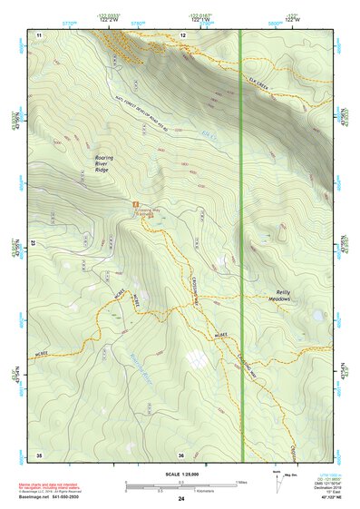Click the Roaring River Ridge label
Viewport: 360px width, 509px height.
pyautogui.click(x=110, y=162)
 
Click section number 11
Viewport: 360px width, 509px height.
pyautogui.click(x=39, y=34)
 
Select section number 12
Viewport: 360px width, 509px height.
pyautogui.click(x=183, y=34)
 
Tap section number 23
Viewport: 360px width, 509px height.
pyautogui.click(x=32, y=243)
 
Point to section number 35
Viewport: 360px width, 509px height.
pyautogui.click(x=39, y=454)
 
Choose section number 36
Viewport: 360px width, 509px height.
pyautogui.click(x=182, y=454)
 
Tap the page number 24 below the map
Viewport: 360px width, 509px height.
pyautogui.click(x=181, y=499)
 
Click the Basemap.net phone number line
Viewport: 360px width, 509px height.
pyautogui.click(x=54, y=499)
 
